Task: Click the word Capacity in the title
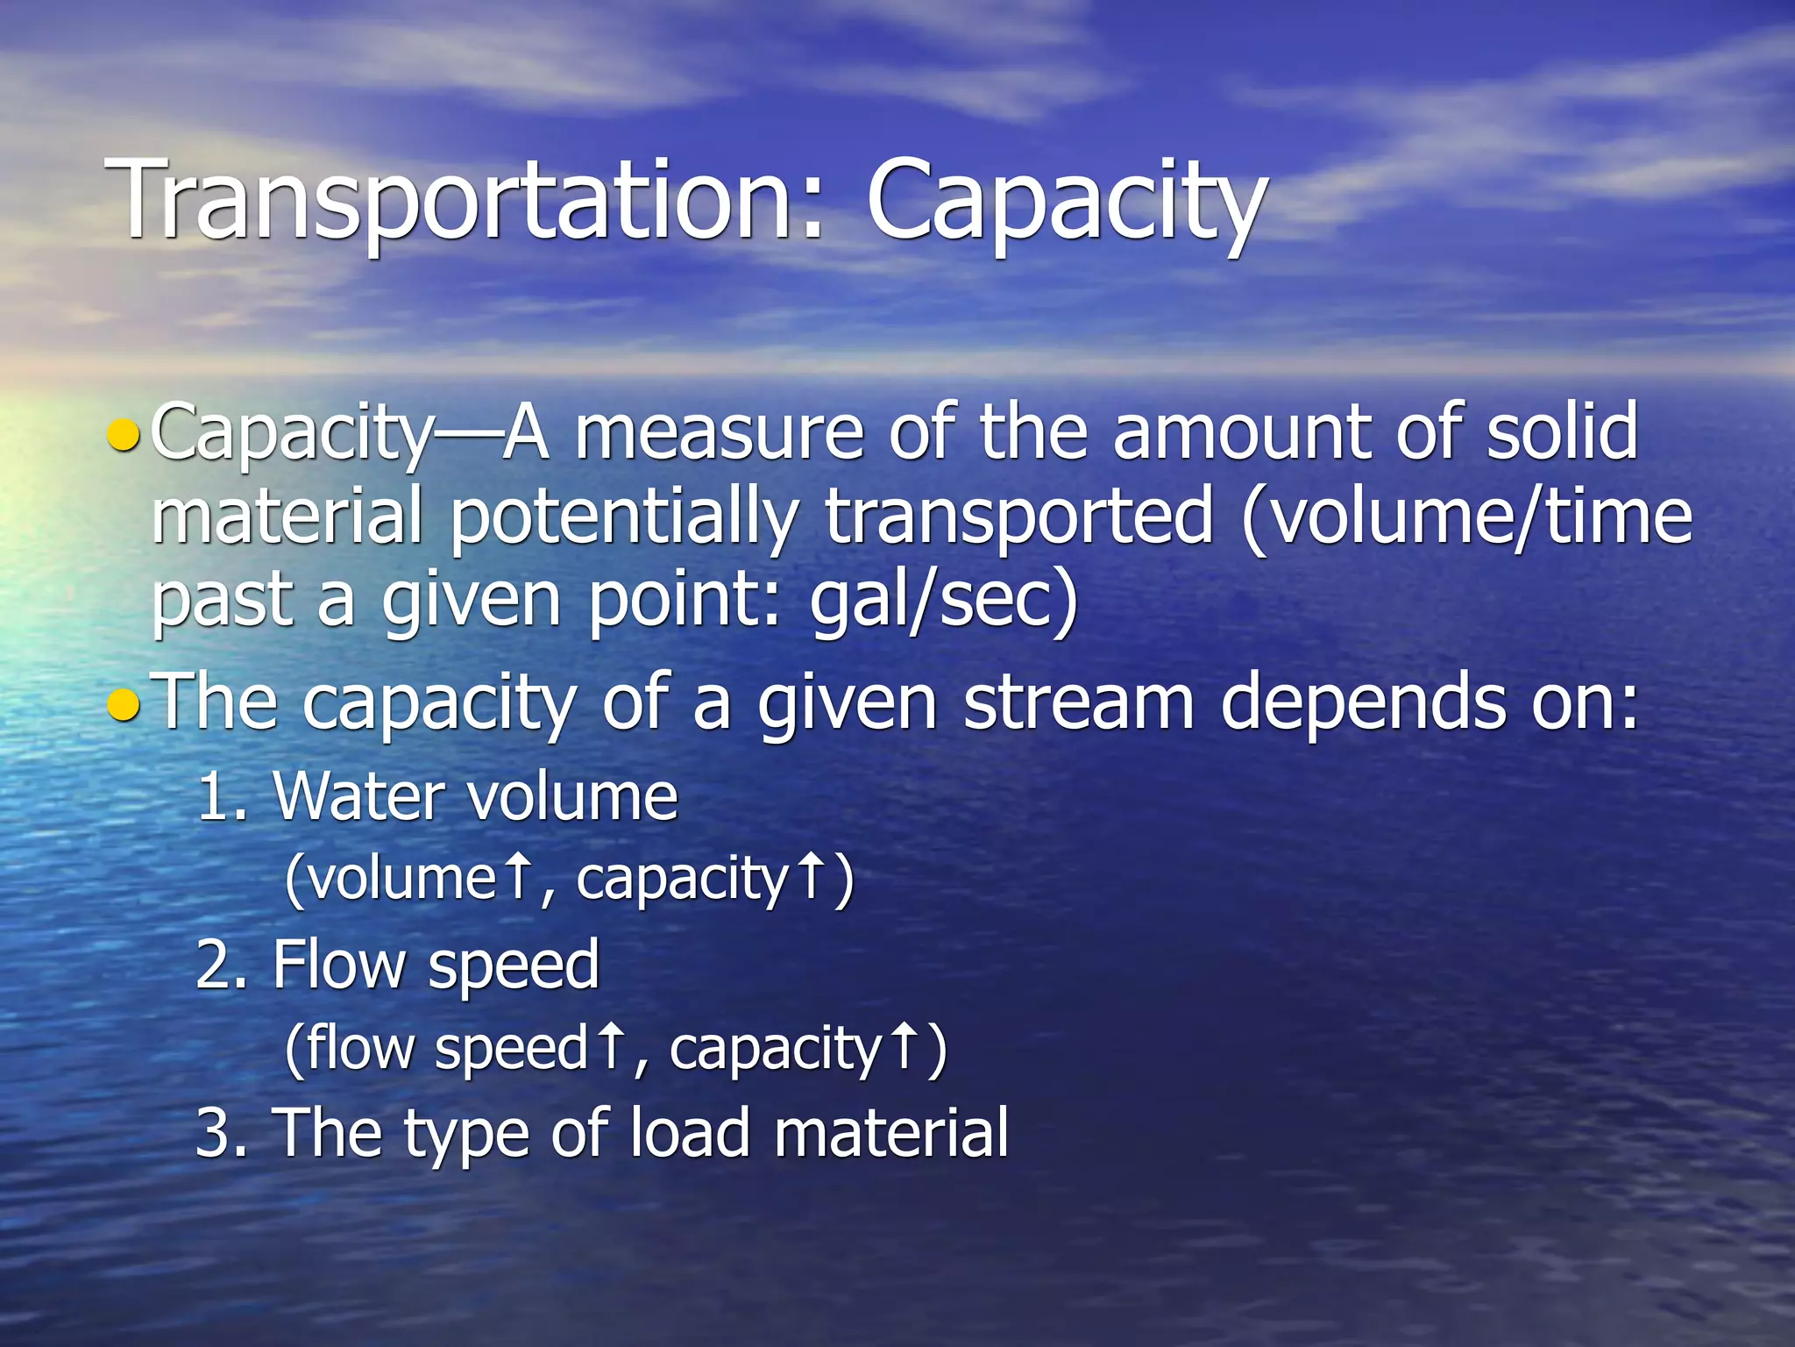point(1066,203)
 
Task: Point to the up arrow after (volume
point(519,876)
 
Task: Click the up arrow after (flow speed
point(610,1047)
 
